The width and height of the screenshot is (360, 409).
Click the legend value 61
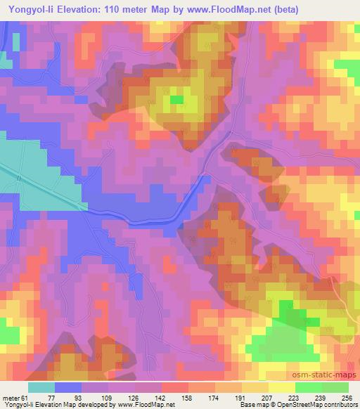tap(25, 397)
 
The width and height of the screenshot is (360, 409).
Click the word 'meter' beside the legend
tap(10, 397)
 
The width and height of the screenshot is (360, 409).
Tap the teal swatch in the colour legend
tap(41, 387)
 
